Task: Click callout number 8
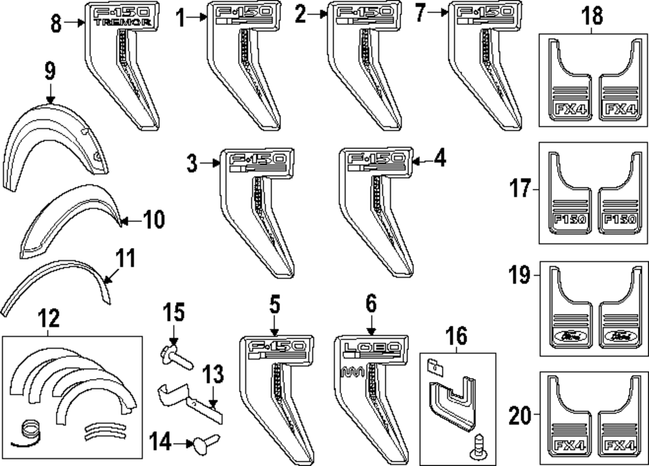(56, 23)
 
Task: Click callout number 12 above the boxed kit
(49, 319)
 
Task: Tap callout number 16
(456, 337)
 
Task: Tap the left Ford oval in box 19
(569, 336)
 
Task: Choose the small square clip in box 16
(432, 367)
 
